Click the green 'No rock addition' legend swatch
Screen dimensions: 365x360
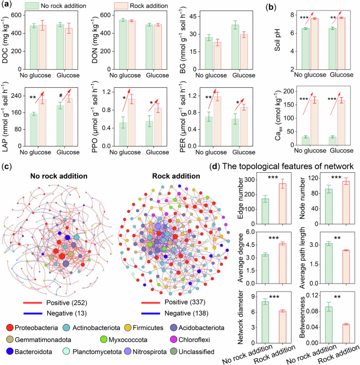[x=32, y=5]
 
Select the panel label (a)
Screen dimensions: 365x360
[x=7, y=5]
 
